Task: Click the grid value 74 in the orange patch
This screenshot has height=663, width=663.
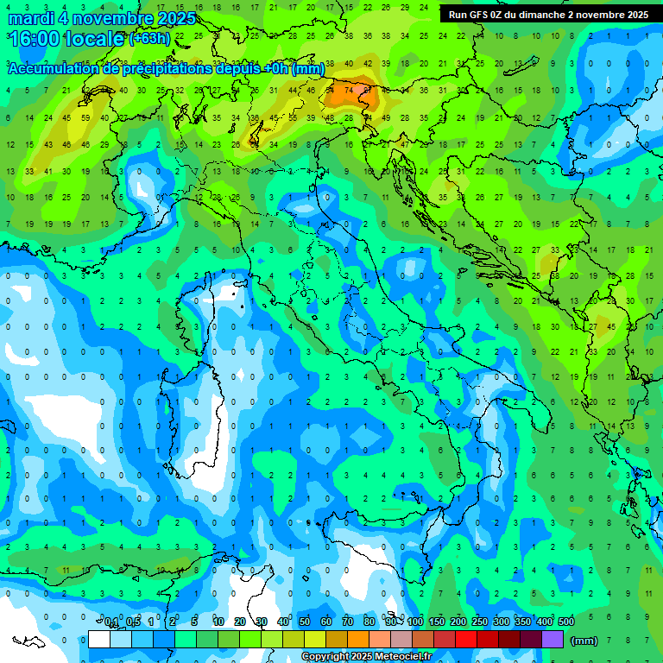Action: [x=349, y=89]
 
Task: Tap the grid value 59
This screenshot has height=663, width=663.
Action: [x=85, y=117]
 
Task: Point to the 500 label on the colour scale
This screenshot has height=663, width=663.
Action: [x=566, y=622]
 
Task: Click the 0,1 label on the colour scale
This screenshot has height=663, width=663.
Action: [x=110, y=622]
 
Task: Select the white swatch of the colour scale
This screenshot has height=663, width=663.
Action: [x=99, y=639]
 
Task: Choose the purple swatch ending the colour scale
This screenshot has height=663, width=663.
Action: [x=552, y=639]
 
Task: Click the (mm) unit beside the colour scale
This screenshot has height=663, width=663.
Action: [x=584, y=640]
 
